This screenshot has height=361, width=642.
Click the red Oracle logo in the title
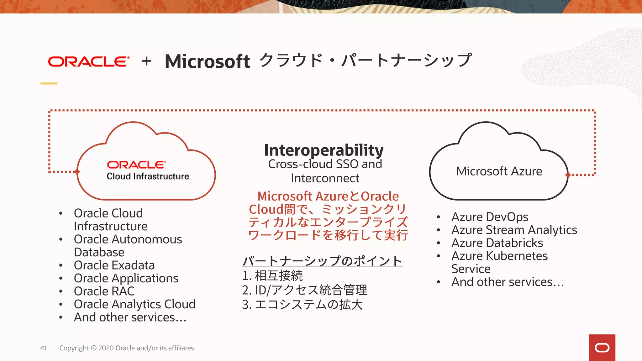(88, 62)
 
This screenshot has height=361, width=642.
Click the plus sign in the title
(146, 61)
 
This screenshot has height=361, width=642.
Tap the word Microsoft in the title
(207, 61)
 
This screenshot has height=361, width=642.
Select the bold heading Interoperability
(324, 150)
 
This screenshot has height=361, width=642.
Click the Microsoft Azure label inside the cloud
(499, 171)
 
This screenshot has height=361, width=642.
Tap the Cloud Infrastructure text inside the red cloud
(148, 176)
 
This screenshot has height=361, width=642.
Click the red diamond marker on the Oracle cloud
(77, 172)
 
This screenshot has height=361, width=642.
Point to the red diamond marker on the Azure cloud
(568, 175)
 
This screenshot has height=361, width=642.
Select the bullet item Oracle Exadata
(114, 265)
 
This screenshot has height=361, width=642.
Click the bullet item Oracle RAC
(104, 291)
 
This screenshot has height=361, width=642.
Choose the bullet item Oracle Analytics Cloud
(134, 304)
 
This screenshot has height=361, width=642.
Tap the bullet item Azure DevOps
(490, 217)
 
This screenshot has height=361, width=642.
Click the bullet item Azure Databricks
(497, 243)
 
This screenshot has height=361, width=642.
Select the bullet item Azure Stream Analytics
(514, 230)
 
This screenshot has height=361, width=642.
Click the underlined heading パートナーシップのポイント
(322, 261)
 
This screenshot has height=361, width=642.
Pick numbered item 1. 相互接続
(272, 276)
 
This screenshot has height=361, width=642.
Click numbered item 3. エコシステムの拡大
(302, 305)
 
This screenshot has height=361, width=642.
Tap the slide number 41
(44, 348)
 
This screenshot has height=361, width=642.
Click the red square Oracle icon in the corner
(602, 348)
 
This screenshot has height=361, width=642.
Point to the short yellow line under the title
(49, 83)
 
